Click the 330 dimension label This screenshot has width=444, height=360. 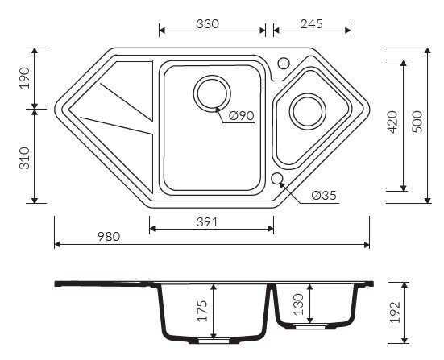click(x=208, y=24)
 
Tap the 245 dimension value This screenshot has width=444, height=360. click(x=312, y=24)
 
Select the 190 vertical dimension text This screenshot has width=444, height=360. click(x=25, y=78)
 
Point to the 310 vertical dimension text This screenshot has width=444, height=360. click(x=25, y=158)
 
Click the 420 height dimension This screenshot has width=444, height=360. click(x=392, y=122)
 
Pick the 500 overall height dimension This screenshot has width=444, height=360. click(x=417, y=122)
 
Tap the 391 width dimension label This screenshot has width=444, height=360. click(x=208, y=222)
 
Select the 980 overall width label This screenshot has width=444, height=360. click(x=109, y=237)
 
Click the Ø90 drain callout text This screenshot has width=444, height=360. click(x=241, y=115)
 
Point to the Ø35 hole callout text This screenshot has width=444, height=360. click(x=324, y=195)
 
